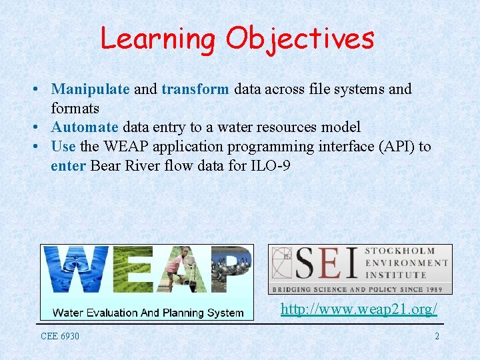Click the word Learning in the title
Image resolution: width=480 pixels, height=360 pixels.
tap(158, 39)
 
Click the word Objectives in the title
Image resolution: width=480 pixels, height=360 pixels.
tap(299, 39)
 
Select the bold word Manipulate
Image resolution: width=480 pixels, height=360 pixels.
tap(91, 89)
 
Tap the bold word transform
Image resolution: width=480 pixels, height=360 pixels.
tap(195, 89)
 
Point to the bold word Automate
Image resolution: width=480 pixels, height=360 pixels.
tap(85, 127)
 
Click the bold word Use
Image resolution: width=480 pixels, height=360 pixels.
tap(63, 147)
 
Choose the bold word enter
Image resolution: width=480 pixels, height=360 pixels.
tap(68, 165)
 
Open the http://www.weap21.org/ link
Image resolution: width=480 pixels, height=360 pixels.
tap(359, 309)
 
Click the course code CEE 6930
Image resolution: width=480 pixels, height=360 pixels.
tap(60, 336)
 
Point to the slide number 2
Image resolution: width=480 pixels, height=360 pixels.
tap(437, 336)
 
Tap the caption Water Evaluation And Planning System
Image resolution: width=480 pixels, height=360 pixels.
tap(147, 313)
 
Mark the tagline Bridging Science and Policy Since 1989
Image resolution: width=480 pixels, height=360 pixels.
tap(360, 289)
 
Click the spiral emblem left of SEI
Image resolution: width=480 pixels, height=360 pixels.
tap(281, 264)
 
